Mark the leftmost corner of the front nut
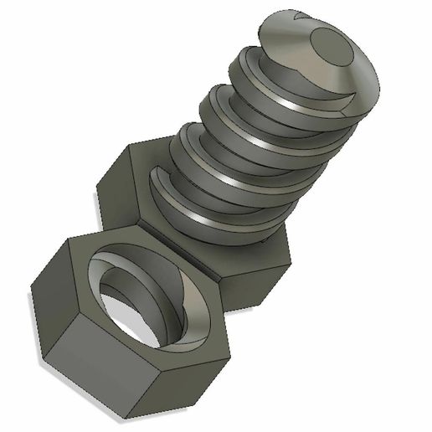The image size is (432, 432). click(31, 290)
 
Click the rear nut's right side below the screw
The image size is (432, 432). click(260, 268)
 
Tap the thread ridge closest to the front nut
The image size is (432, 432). click(209, 218)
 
